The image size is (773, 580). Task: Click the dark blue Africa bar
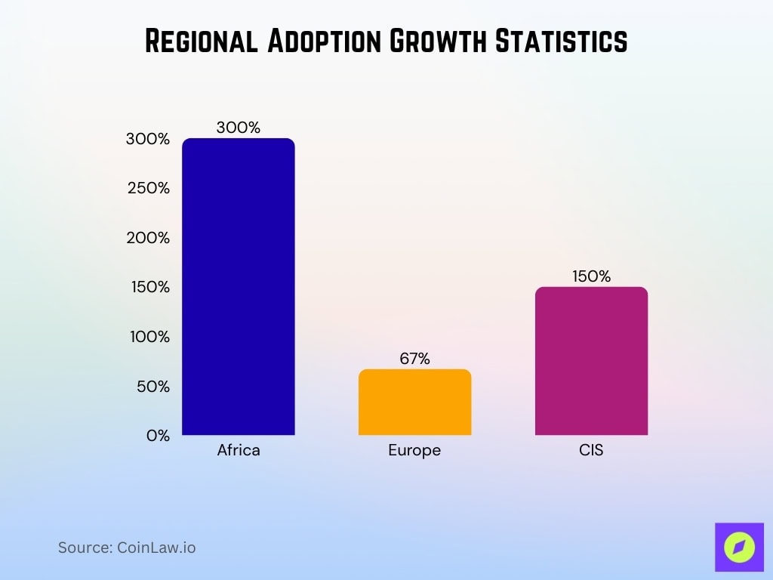click(x=239, y=287)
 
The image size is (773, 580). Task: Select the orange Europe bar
click(x=414, y=402)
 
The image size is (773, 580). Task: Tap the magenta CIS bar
click(x=591, y=361)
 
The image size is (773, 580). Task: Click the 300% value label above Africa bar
click(x=238, y=128)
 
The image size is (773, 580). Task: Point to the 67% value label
click(x=414, y=359)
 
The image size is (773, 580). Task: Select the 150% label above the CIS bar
click(x=591, y=276)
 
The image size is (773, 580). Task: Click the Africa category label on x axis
click(x=239, y=451)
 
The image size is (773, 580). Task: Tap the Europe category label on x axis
click(x=414, y=451)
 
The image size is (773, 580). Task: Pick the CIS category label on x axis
click(x=591, y=451)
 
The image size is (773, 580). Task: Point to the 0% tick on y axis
click(x=158, y=436)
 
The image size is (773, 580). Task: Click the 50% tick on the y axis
click(x=153, y=387)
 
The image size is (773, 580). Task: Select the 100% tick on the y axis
click(x=149, y=337)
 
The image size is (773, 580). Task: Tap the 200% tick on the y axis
click(x=148, y=238)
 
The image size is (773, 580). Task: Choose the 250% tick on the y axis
click(x=148, y=188)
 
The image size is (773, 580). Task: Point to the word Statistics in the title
click(x=560, y=42)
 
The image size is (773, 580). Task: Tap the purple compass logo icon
click(x=739, y=547)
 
